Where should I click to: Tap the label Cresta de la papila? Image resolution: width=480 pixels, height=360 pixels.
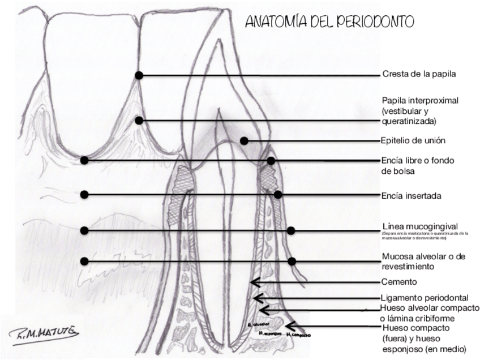[x=419, y=74]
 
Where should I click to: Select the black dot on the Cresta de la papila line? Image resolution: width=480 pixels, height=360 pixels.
[x=139, y=75]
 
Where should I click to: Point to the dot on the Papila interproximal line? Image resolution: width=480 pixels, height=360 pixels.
[x=139, y=121]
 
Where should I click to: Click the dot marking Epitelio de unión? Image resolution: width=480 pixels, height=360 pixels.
[x=244, y=140]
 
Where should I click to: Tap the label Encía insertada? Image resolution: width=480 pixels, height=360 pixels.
[x=411, y=196]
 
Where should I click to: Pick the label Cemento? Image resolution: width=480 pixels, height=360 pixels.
[x=399, y=281]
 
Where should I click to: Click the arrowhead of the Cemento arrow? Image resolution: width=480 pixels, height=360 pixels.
[x=253, y=282]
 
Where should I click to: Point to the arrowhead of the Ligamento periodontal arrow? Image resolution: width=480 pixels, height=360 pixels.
[x=256, y=298]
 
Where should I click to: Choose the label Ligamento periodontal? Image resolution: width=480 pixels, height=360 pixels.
[x=425, y=298]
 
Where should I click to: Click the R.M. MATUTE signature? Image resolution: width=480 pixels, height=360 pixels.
[x=45, y=332]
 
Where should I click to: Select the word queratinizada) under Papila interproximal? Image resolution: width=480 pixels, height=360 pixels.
[x=411, y=121]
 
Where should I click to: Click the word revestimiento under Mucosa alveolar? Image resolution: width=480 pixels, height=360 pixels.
[x=408, y=266]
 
